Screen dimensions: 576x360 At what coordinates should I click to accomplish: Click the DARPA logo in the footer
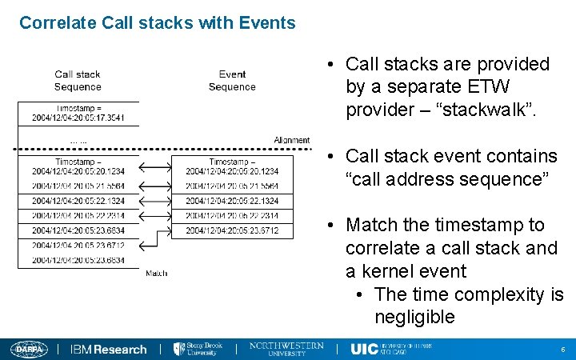[30, 349]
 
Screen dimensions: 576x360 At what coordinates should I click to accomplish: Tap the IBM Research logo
[109, 350]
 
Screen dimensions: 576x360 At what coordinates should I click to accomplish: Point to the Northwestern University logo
[287, 349]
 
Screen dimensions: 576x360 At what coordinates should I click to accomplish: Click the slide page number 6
[563, 350]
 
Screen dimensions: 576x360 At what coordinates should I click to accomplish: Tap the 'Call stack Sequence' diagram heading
[78, 81]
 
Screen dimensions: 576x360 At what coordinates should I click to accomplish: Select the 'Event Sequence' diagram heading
[232, 81]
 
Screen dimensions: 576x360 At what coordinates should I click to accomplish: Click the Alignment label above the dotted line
[291, 140]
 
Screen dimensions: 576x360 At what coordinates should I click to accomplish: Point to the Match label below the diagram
[157, 274]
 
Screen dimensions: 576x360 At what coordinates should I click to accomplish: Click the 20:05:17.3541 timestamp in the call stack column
[78, 118]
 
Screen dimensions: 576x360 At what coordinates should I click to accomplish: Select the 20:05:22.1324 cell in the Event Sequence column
[232, 201]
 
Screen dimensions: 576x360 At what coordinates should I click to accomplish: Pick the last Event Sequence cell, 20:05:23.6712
[232, 230]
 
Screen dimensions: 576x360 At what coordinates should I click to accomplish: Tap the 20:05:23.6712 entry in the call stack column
[78, 245]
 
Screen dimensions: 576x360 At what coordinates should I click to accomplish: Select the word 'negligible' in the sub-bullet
[414, 317]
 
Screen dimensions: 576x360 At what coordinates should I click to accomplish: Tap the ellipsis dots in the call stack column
[78, 142]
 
